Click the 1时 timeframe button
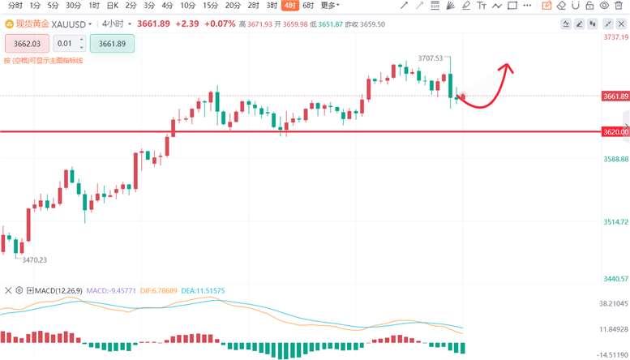94,6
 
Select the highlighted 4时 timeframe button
289,6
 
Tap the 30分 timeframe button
74,6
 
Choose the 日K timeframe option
112,6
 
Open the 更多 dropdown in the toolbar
329,6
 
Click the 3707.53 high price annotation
431,58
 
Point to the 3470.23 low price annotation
34,260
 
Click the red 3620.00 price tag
615,131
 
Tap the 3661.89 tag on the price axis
615,96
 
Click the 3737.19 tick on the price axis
615,37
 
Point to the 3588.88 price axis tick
615,160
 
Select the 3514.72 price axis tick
615,222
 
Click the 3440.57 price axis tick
615,279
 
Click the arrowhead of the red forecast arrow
508,66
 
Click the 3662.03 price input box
27,44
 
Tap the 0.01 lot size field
66,44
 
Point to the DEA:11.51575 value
203,290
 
